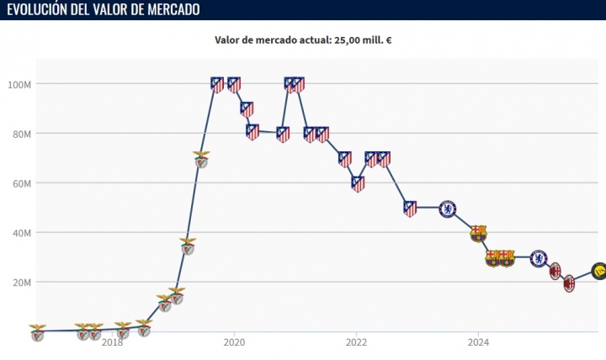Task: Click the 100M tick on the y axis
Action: [19, 84]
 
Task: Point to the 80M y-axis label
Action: [21, 134]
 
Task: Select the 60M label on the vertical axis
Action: [21, 183]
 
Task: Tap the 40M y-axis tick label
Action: [21, 233]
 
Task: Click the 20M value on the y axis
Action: [21, 283]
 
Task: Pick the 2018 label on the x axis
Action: [112, 341]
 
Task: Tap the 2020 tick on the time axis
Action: [234, 341]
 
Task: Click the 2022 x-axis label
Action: [356, 341]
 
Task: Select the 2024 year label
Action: [478, 341]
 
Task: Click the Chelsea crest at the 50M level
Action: [448, 208]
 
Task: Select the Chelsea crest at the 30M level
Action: [539, 257]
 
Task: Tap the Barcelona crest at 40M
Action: [478, 233]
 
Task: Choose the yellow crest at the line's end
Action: [598, 271]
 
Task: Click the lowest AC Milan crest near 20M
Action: [569, 283]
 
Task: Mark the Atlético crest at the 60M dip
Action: [358, 183]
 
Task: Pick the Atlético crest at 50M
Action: [410, 209]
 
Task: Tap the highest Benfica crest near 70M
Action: [201, 159]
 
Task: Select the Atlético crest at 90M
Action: [247, 109]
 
